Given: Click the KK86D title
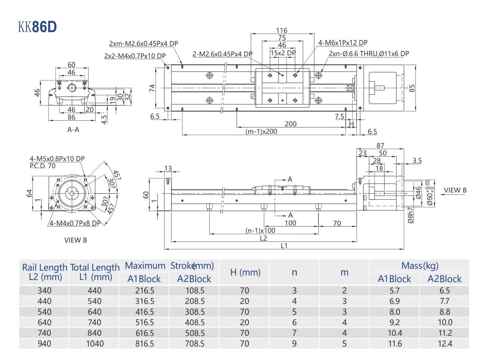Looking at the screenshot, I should click(x=37, y=27).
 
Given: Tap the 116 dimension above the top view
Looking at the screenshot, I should click(x=282, y=31).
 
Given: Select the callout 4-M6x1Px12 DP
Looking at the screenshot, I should click(x=343, y=43).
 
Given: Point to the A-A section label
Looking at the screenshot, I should click(x=73, y=130).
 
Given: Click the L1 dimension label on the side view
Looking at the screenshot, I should click(x=284, y=246).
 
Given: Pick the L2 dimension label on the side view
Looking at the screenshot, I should click(x=263, y=238).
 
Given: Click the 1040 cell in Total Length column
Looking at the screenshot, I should click(x=95, y=343).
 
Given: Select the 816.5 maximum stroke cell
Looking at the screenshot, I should click(x=144, y=343).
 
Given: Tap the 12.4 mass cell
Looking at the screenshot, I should click(x=445, y=343).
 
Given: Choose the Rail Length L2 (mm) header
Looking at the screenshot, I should click(x=44, y=272).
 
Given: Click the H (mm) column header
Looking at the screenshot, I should click(x=245, y=272).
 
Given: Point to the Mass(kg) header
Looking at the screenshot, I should click(x=419, y=266).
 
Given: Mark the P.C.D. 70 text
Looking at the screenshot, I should click(x=43, y=166).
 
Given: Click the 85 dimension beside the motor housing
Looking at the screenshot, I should click(x=412, y=88).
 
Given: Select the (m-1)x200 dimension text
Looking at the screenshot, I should click(x=261, y=132).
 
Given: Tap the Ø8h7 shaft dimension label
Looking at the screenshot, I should click(x=410, y=215).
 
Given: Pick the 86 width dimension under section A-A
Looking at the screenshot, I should click(x=71, y=117).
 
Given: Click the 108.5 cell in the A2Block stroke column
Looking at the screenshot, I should click(x=194, y=290).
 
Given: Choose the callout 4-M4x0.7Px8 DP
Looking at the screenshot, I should click(x=75, y=223).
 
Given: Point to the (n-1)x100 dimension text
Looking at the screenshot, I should click(x=260, y=231).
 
